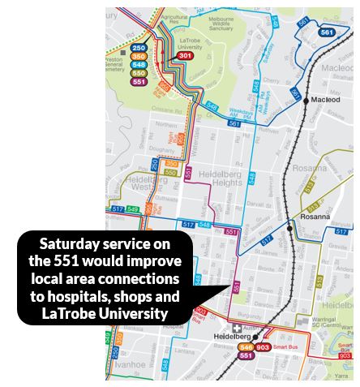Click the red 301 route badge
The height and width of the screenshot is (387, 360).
tap(185, 55)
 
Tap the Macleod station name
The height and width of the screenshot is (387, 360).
tap(327, 101)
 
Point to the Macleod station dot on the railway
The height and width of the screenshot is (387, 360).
tap(306, 101)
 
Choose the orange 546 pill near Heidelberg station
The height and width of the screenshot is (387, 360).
tap(246, 346)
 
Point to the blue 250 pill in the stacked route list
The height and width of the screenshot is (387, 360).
tap(139, 49)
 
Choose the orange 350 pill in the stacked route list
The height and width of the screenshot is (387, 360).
tap(139, 57)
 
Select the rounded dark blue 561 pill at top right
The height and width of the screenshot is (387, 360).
tap(327, 32)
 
